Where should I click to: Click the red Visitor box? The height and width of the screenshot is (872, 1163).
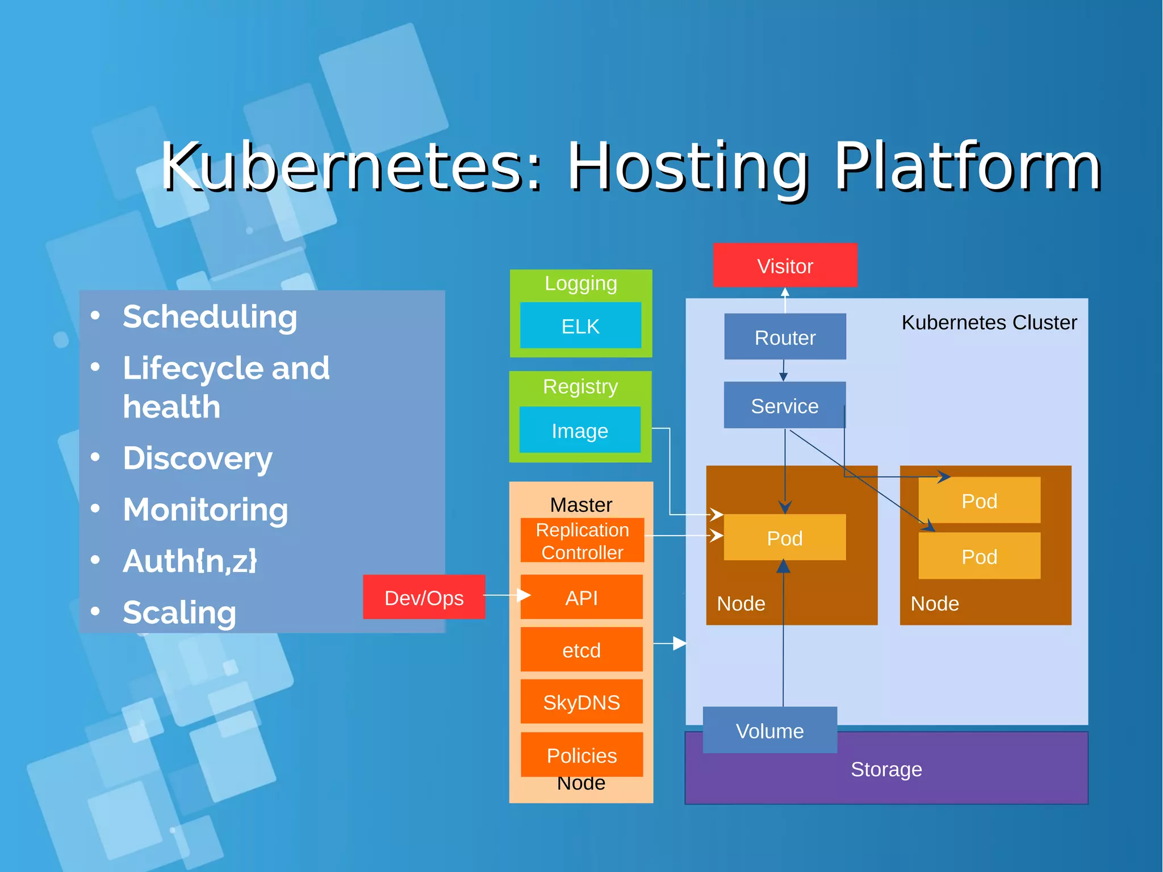(x=785, y=265)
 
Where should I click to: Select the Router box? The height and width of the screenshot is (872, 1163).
(x=785, y=337)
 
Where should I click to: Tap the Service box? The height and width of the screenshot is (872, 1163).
(x=784, y=405)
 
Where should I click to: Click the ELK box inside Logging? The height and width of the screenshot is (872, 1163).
(x=580, y=326)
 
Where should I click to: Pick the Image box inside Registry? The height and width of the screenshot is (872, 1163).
(x=580, y=430)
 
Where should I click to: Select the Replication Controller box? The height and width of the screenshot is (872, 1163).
(x=582, y=540)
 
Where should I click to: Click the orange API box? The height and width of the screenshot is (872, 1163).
(x=581, y=597)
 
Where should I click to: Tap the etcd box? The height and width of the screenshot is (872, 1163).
(x=581, y=649)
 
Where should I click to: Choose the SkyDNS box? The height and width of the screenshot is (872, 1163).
(x=581, y=702)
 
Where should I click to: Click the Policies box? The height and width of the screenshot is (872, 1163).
(x=581, y=754)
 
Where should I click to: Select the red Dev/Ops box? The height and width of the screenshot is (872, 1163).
(x=424, y=597)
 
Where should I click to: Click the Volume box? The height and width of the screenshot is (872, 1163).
(x=769, y=730)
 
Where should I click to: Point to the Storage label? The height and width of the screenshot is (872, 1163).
(x=886, y=769)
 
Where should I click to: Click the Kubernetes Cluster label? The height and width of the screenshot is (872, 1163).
(x=989, y=322)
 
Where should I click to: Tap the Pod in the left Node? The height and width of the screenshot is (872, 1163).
(x=784, y=537)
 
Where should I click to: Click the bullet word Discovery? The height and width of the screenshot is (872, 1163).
(x=198, y=458)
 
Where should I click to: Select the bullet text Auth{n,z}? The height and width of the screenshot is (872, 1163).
(x=190, y=561)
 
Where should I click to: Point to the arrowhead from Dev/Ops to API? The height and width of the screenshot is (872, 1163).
(x=524, y=595)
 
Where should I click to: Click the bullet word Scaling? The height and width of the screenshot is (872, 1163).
(x=179, y=612)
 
